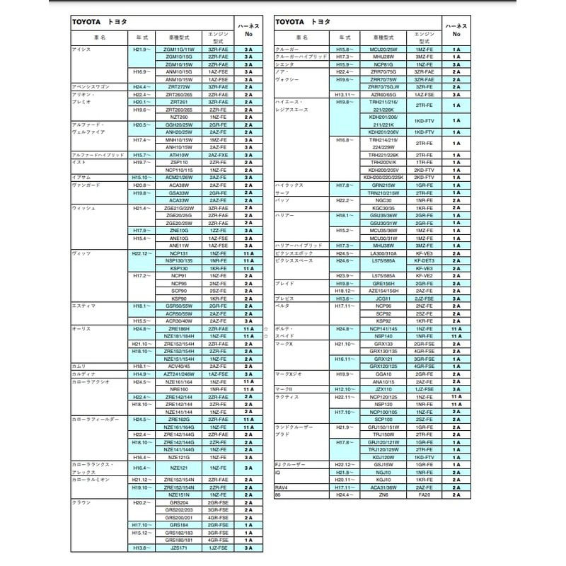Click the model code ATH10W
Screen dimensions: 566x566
(178, 154)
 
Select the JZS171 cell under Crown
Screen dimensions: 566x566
(178, 548)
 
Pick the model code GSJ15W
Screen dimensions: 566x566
(383, 464)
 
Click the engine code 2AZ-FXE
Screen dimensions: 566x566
(218, 154)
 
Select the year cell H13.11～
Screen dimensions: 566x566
(345, 94)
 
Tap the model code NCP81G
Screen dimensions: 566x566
(383, 64)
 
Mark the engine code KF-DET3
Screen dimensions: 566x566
(424, 260)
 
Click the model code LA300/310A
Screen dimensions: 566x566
(383, 253)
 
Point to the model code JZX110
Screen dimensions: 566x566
(383, 389)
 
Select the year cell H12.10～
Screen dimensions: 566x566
(345, 389)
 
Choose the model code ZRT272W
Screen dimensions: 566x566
(178, 86)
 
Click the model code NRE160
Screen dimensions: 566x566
(178, 388)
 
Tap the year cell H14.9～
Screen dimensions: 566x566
(141, 374)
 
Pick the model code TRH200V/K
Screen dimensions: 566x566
(383, 162)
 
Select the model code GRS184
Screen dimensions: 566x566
(178, 524)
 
